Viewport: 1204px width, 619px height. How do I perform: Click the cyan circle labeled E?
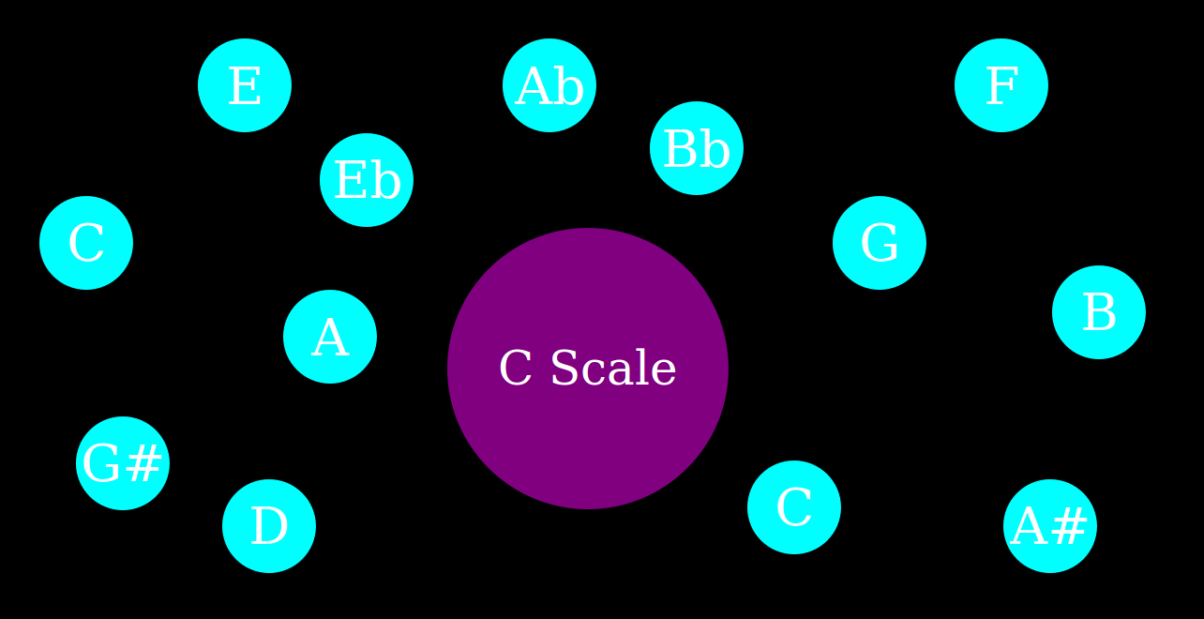245,85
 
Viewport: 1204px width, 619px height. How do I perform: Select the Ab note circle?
549,85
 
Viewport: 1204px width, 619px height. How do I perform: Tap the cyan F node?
1001,85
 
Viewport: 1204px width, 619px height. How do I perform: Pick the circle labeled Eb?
367,180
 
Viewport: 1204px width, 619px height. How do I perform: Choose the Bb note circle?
697,148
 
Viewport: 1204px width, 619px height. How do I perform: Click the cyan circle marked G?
880,243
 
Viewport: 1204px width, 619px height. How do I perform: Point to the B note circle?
1099,312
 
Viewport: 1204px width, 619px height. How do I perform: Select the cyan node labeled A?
330,337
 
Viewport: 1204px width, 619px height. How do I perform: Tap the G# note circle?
123,463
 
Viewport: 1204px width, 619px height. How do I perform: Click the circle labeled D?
269,526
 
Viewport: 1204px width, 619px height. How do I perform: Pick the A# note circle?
1050,526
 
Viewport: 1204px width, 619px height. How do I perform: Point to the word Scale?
613,369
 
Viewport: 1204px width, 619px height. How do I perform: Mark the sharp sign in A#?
1071,527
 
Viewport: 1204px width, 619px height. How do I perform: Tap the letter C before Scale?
516,369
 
